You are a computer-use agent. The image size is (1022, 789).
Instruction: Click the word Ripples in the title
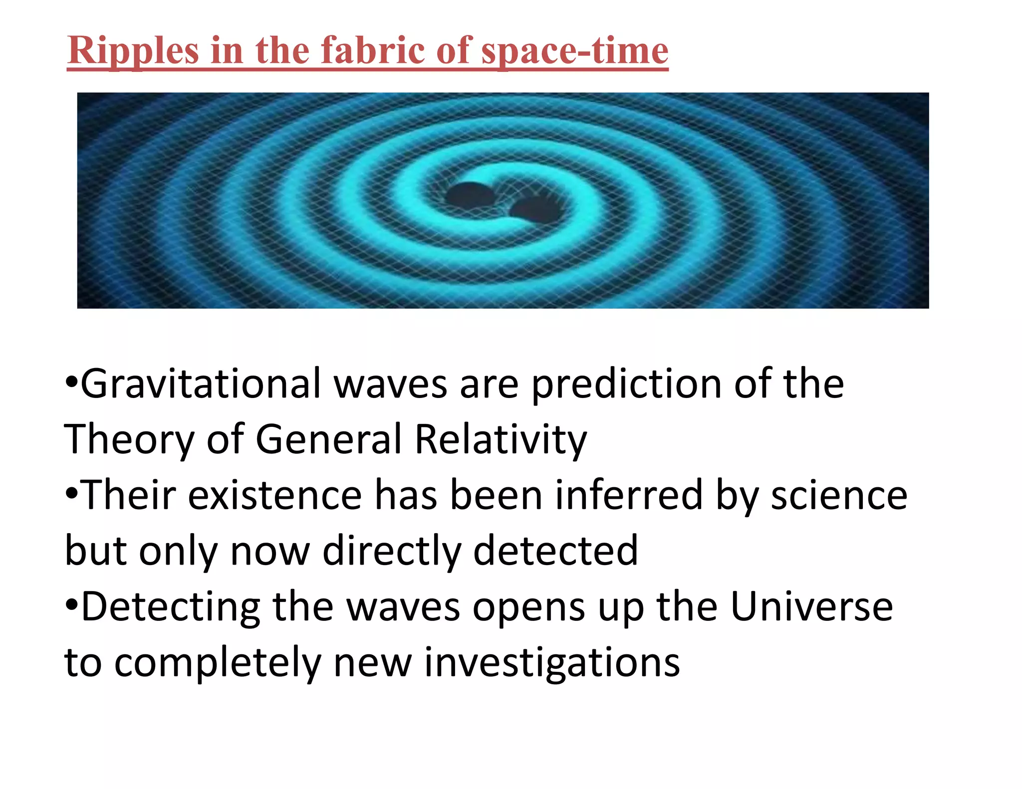pyautogui.click(x=132, y=51)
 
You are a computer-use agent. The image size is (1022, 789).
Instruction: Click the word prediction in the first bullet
pyautogui.click(x=627, y=384)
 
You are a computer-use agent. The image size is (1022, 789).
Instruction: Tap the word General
pyautogui.click(x=329, y=439)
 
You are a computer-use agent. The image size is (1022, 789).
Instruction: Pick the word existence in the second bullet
pyautogui.click(x=275, y=495)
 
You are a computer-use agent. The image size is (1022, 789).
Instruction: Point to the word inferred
pyautogui.click(x=629, y=495)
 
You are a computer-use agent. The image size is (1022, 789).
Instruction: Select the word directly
pyautogui.click(x=392, y=551)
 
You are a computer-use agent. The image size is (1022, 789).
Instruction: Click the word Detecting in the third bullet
pyautogui.click(x=170, y=607)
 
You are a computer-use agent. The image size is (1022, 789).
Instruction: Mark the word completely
pyautogui.click(x=218, y=663)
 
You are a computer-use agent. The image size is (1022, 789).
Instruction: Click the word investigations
pyautogui.click(x=552, y=663)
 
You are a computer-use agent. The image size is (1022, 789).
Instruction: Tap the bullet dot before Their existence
pyautogui.click(x=71, y=494)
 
